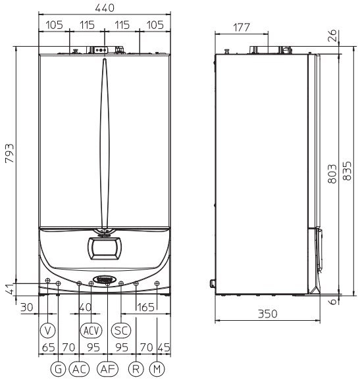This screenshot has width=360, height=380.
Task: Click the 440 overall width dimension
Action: [105, 8]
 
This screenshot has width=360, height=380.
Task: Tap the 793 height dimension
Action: [10, 153]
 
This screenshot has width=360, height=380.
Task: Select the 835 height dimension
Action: [347, 171]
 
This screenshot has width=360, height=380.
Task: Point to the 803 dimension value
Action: [332, 174]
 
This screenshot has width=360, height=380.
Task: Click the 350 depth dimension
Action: [267, 314]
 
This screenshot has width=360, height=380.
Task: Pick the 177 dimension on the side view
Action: [241, 28]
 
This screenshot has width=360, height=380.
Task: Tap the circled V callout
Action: [48, 330]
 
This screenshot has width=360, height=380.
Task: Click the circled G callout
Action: [58, 369]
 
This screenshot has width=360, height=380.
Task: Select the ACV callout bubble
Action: [91, 330]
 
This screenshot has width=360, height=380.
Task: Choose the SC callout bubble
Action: [121, 330]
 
